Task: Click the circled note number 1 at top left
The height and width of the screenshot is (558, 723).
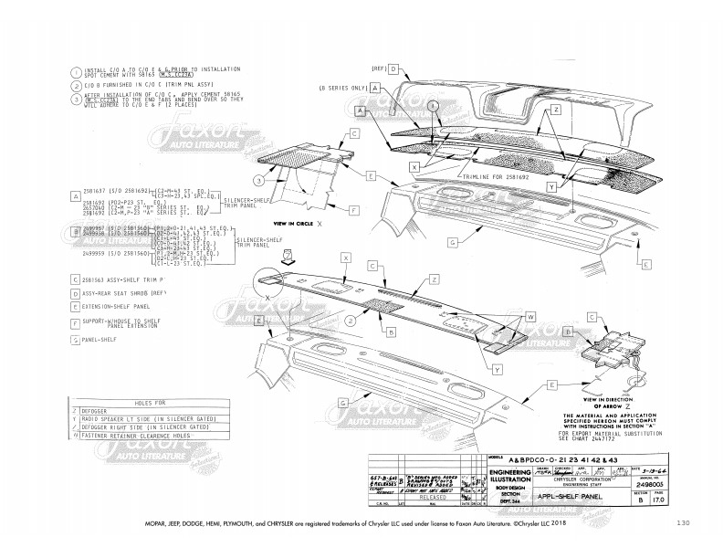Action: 74,72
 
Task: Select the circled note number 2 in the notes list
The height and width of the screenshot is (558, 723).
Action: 74,86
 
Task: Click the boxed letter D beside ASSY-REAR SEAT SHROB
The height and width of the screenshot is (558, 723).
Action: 74,294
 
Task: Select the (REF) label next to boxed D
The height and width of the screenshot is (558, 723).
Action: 380,68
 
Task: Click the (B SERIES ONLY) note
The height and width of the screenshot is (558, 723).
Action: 341,89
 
